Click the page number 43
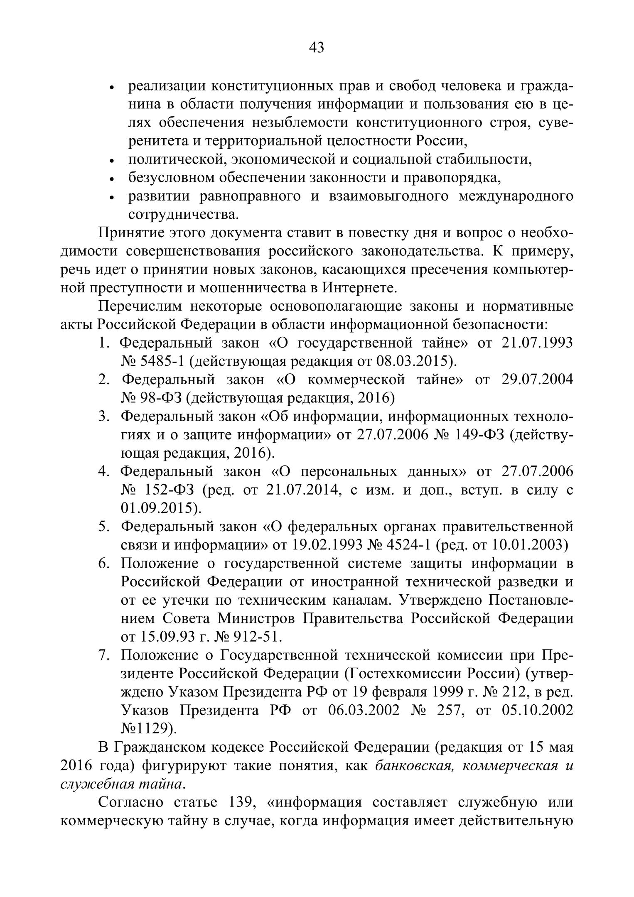click(x=317, y=48)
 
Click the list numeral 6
click(x=103, y=563)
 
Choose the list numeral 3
click(x=103, y=416)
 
